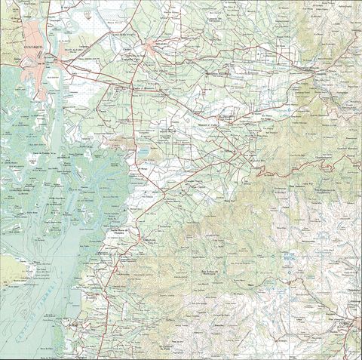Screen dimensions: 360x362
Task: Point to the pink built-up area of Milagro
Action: pos(158,50)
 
